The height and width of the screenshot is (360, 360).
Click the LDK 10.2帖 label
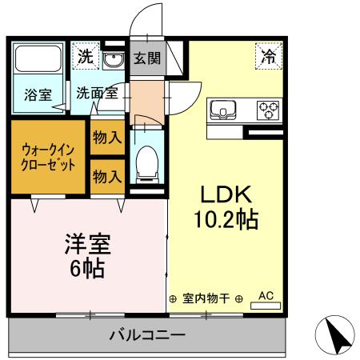click(x=227, y=206)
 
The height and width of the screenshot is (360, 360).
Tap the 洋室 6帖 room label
click(x=86, y=255)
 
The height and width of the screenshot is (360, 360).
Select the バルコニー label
click(x=147, y=334)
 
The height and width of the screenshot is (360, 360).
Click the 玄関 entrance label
click(x=146, y=58)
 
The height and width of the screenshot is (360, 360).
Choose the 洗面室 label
click(x=97, y=93)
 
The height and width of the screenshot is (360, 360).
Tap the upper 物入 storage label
click(x=106, y=138)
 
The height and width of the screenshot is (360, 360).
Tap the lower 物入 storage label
click(x=106, y=177)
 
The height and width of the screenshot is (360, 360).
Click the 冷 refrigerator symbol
click(x=268, y=56)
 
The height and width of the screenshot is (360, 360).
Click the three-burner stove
click(x=267, y=108)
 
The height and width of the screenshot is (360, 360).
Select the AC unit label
click(x=266, y=297)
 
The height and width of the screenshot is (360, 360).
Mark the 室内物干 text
click(x=206, y=298)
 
